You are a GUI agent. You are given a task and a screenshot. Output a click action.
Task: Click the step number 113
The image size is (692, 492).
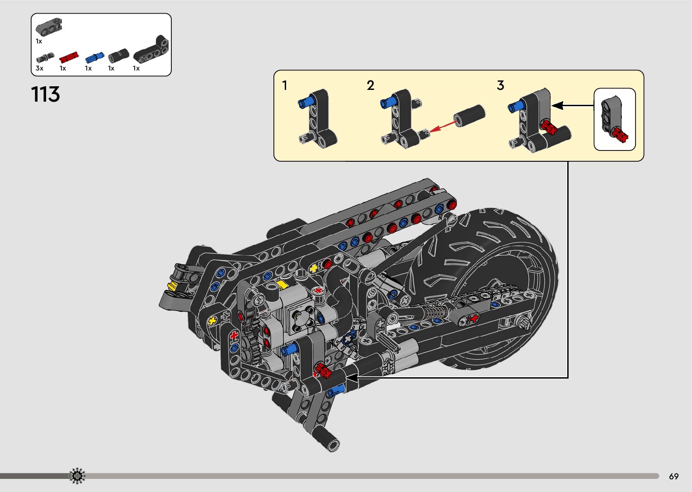click(45, 94)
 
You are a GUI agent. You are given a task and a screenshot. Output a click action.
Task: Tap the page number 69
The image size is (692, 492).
click(674, 476)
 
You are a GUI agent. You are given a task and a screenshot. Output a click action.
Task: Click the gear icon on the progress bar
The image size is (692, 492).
click(77, 476)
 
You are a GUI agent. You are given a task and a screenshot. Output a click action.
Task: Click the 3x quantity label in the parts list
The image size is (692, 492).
click(39, 68)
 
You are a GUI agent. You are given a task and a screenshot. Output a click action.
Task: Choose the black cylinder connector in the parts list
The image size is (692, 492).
click(118, 56)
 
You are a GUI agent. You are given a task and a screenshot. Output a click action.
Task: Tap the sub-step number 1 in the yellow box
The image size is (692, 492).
click(285, 85)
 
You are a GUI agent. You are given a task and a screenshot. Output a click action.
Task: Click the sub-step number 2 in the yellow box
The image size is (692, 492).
click(370, 85)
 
